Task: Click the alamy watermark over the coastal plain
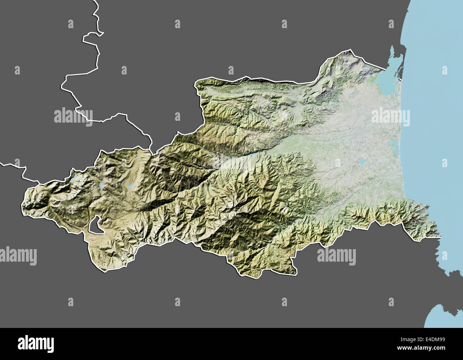[x=390, y=117]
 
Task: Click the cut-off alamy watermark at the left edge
[x=18, y=256]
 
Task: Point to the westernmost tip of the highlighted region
[x=22, y=205]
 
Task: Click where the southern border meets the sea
[x=441, y=236]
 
